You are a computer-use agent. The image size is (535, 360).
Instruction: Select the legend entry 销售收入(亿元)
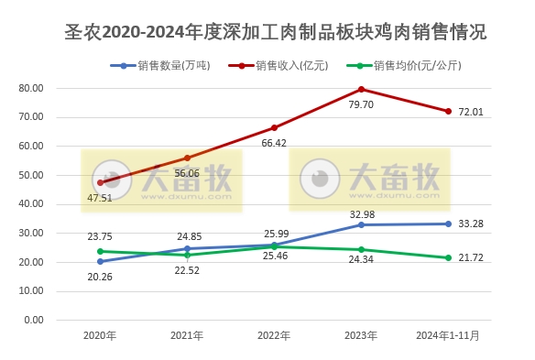tap(285, 66)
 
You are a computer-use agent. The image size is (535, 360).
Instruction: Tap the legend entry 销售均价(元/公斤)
tap(412, 66)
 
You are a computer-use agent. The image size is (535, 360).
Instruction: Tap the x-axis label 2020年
tap(100, 336)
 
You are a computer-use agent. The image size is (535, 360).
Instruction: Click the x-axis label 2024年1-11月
tap(448, 336)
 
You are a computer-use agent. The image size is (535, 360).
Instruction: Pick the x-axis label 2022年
tap(274, 336)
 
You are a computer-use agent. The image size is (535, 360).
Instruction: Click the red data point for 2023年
tap(361, 89)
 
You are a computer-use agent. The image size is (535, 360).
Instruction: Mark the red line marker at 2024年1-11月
tap(448, 111)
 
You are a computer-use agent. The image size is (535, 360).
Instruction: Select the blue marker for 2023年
tap(361, 224)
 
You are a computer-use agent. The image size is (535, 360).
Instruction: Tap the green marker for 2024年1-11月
tap(448, 257)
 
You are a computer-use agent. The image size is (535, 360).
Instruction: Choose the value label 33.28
tap(471, 223)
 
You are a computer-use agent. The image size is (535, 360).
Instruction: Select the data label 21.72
tap(471, 257)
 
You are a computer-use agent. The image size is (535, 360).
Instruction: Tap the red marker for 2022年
tap(274, 127)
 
